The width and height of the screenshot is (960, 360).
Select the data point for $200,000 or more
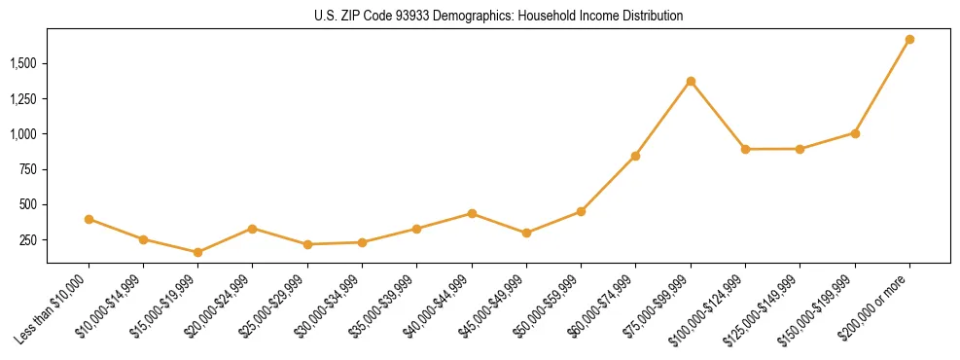(909, 40)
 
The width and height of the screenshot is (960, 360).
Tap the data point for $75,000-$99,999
(691, 81)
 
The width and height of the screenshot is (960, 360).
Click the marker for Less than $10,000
(89, 219)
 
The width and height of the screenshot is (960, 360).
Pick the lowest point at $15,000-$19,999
(197, 252)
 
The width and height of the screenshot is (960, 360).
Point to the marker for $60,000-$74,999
(635, 156)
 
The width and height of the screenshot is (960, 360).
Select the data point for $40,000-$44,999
(472, 213)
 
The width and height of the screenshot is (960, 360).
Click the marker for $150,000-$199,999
(855, 133)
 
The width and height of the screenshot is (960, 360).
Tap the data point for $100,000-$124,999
(745, 149)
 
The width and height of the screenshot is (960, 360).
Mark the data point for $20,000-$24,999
(253, 229)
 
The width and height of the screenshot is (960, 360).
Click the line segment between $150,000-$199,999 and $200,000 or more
(882, 87)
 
